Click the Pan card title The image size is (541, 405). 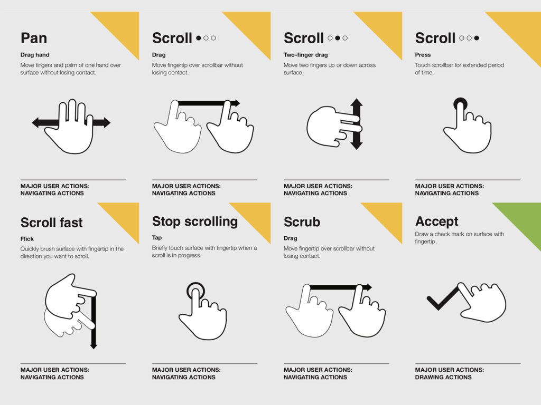(34, 38)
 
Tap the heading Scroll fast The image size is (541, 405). (51, 223)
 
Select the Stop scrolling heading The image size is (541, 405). (195, 221)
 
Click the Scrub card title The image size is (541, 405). (302, 222)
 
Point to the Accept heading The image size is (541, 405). (437, 221)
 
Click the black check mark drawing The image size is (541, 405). (443, 299)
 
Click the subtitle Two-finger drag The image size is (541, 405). (306, 55)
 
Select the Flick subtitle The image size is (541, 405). (27, 239)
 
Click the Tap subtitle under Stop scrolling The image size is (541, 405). (157, 238)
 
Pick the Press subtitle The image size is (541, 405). (423, 55)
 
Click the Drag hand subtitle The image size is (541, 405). (35, 55)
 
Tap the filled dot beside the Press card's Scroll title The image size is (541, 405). (477, 38)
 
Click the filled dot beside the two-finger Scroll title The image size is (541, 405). (338, 38)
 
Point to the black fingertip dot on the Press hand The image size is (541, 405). (460, 104)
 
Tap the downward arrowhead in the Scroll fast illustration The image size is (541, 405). (94, 345)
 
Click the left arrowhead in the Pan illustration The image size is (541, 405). (35, 122)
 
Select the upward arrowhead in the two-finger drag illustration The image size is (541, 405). (357, 102)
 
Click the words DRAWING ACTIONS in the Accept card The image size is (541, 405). (443, 377)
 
